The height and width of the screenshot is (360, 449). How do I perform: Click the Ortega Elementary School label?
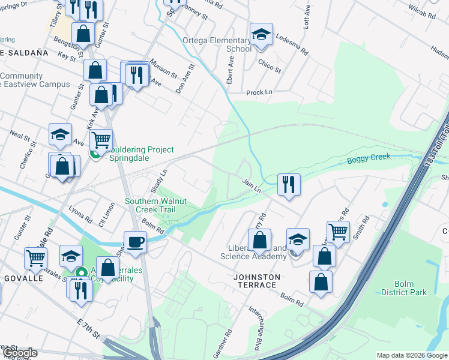click(x=217, y=44)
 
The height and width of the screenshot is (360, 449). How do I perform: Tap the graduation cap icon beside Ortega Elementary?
click(x=262, y=35)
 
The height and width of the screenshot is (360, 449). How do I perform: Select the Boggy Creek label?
click(x=368, y=158)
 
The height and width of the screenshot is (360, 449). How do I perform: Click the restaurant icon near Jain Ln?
click(x=289, y=184)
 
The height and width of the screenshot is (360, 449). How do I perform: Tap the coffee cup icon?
click(x=135, y=242)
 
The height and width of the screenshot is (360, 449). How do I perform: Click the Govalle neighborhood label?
click(x=23, y=278)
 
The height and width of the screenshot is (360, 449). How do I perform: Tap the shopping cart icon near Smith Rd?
click(x=339, y=231)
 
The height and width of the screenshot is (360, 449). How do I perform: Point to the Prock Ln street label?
click(x=259, y=93)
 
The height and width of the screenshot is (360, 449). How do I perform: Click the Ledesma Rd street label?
click(x=292, y=44)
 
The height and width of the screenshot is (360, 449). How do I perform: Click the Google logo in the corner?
click(x=19, y=353)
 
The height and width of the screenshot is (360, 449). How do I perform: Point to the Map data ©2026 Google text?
click(x=412, y=355)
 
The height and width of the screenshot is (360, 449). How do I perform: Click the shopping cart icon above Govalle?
click(x=35, y=258)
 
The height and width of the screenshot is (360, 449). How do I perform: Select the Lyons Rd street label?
click(x=80, y=212)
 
